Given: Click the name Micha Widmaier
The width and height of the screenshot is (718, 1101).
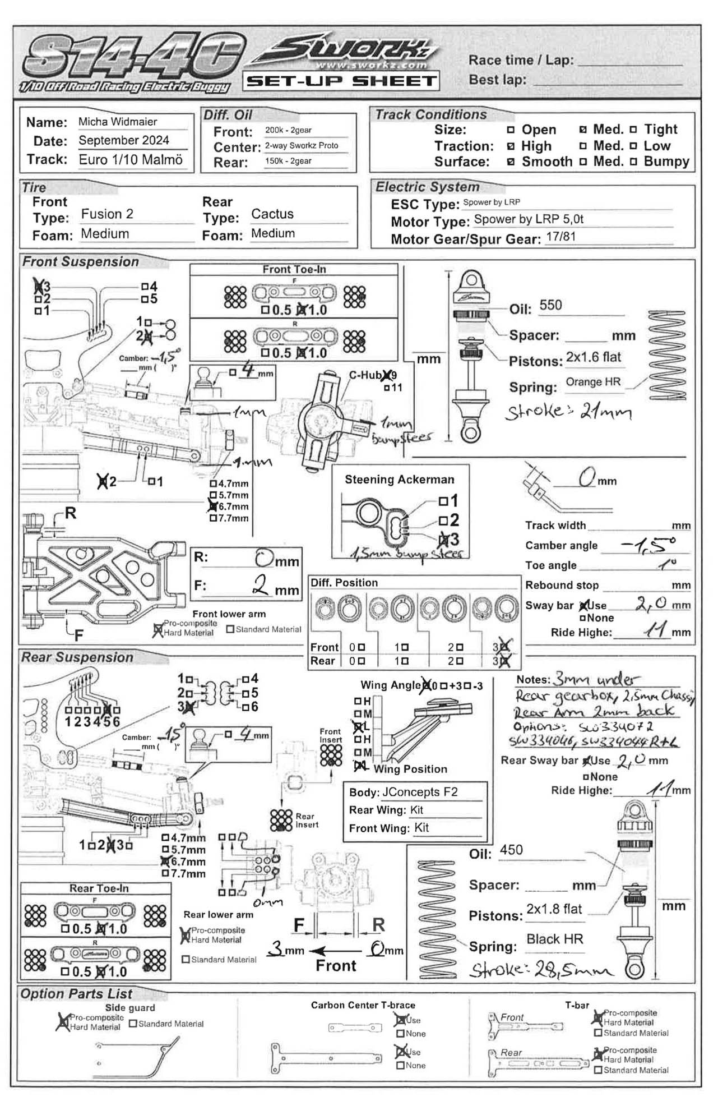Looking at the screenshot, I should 118,122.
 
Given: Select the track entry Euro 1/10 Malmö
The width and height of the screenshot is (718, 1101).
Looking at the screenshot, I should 131,159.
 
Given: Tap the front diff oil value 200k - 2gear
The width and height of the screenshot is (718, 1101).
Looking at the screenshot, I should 288,130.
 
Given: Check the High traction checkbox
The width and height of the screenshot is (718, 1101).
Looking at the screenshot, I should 511,146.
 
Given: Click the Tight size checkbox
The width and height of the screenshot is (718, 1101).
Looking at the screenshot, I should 633,130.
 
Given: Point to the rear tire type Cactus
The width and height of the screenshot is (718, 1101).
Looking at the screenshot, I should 272,214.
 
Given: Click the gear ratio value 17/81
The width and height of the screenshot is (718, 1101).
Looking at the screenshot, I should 560,236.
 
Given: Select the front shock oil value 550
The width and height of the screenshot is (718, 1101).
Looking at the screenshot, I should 550,305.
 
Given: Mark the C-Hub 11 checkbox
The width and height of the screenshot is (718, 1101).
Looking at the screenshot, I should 387,388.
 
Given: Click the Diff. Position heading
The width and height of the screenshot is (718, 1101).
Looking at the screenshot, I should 344,583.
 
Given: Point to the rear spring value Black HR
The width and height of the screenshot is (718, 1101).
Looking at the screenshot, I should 554,939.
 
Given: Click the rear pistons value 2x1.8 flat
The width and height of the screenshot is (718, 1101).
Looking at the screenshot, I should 554,909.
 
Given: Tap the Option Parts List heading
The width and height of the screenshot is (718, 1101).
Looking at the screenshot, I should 76,994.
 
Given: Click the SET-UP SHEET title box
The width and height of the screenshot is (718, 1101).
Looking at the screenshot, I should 341,81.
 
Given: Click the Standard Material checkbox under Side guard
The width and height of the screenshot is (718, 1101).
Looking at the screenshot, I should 133,1024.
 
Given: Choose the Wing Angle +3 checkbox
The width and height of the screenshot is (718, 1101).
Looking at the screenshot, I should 444,685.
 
